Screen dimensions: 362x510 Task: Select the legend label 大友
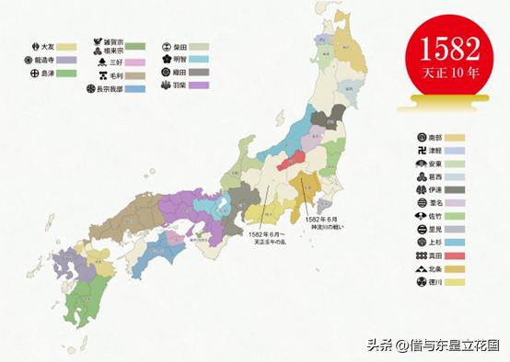tap(48, 45)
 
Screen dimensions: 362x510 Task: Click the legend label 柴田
tap(179, 45)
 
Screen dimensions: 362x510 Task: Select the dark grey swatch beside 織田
tap(200, 71)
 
